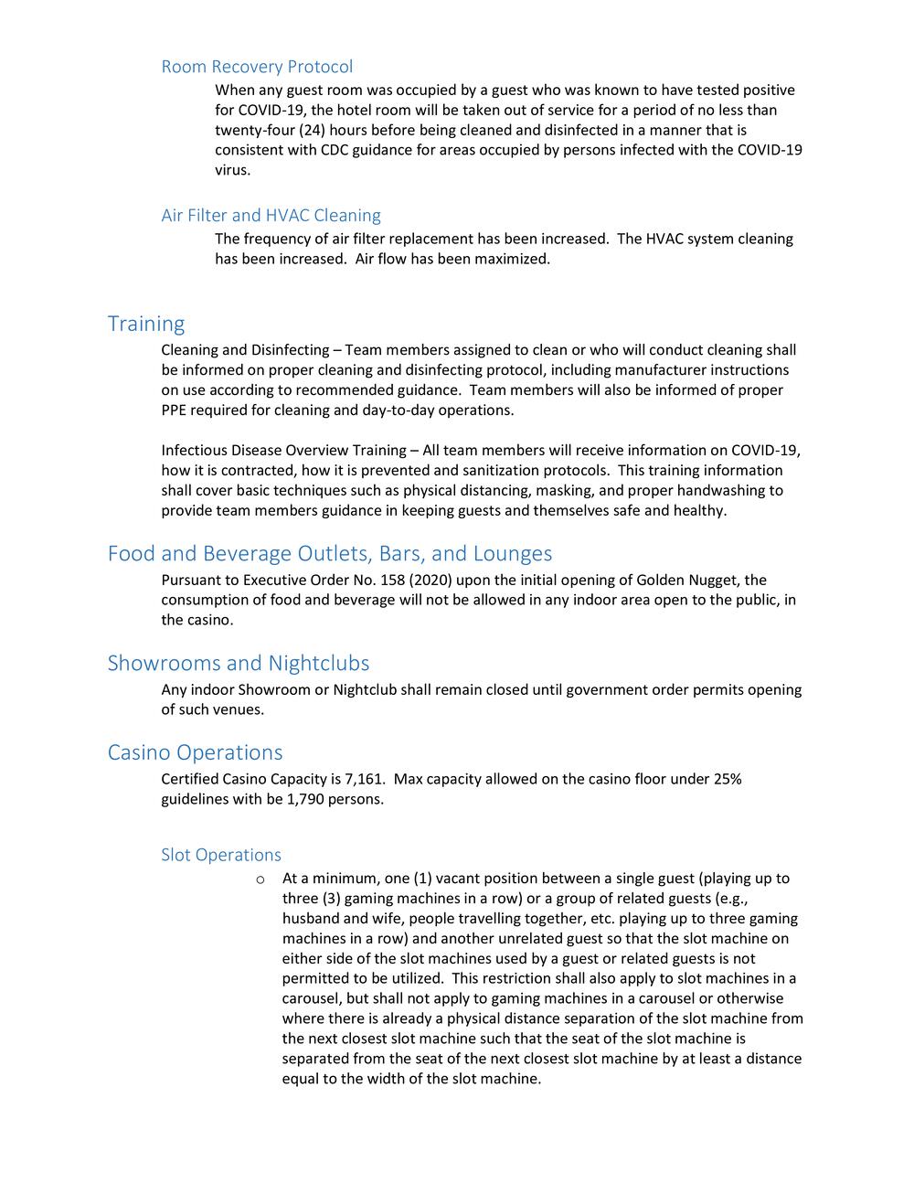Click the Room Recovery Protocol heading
(257, 67)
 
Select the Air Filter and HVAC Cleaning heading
(271, 216)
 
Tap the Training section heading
(146, 324)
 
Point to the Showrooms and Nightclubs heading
(239, 663)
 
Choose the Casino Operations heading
(195, 752)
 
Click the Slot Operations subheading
(221, 855)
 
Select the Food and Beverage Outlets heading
(330, 553)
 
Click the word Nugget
(711, 580)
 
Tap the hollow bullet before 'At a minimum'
(260, 879)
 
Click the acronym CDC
(335, 150)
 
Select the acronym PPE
(176, 410)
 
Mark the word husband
(311, 918)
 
